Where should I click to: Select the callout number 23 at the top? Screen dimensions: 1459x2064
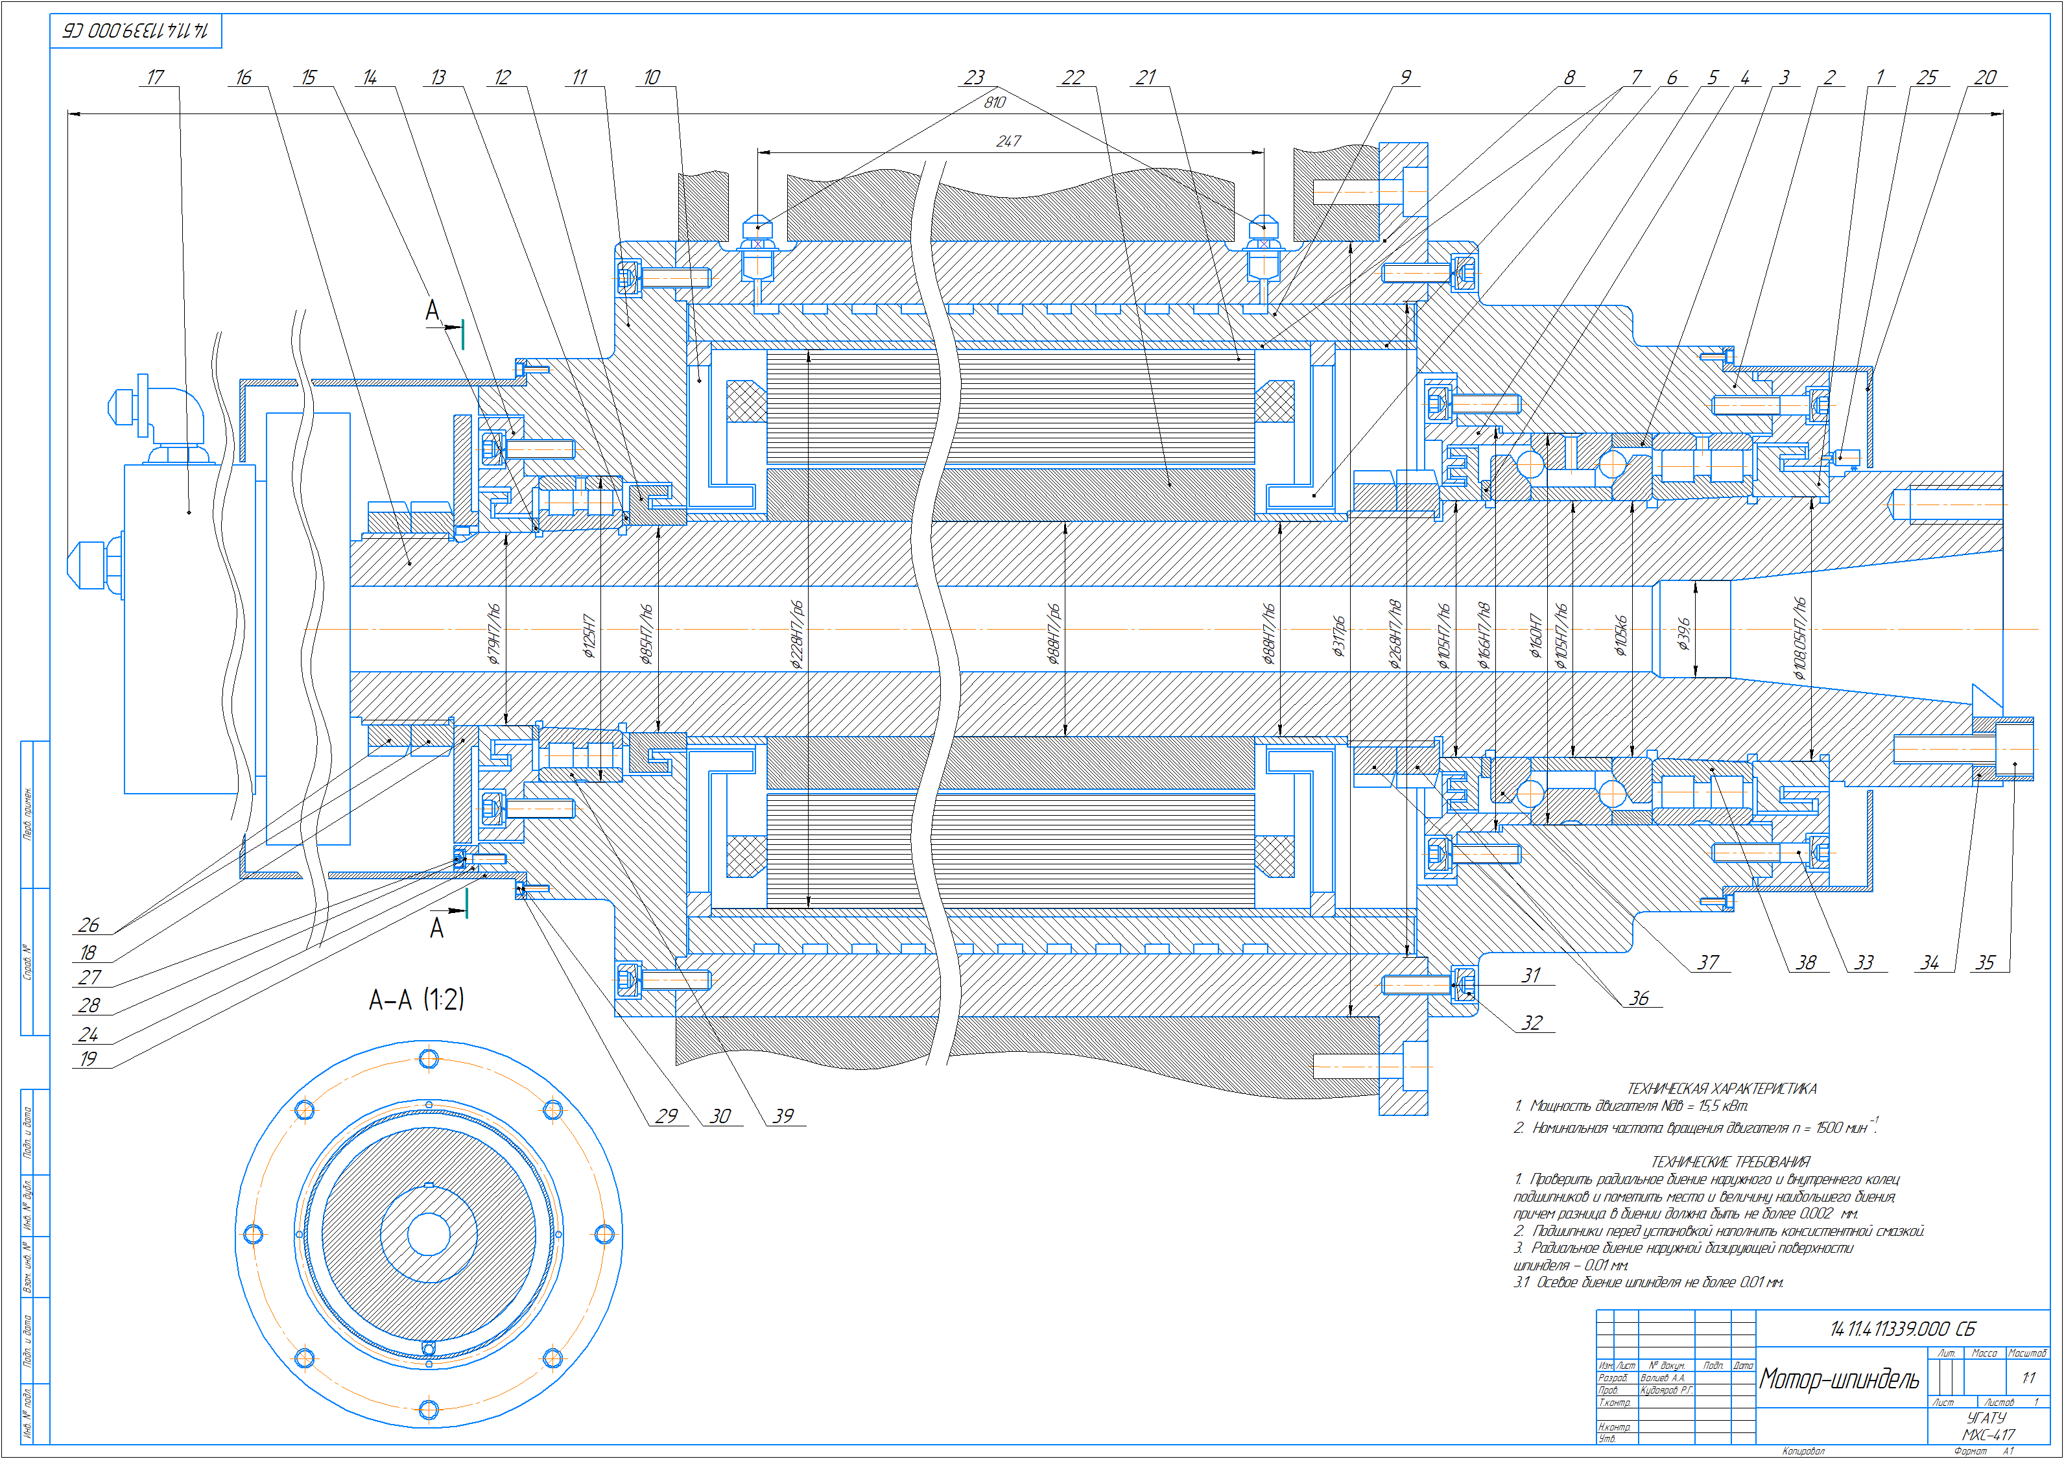[x=975, y=77]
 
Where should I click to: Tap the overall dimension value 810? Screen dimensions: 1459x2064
[x=994, y=102]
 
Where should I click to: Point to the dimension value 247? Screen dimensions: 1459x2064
[x=1008, y=141]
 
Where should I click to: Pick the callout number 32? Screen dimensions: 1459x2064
[x=1532, y=1023]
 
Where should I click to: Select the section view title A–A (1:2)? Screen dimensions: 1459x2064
[x=416, y=1000]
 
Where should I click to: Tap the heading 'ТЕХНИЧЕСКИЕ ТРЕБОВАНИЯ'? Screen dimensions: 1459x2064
[x=1731, y=1161]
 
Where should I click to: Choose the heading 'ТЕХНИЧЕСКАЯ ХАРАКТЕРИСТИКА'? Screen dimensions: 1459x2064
[x=1722, y=1089]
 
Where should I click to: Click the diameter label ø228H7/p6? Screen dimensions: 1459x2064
[x=796, y=635]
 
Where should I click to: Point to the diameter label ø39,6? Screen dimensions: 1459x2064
[x=1683, y=634]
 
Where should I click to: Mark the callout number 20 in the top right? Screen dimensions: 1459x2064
[x=1985, y=77]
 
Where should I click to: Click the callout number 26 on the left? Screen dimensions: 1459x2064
[x=88, y=925]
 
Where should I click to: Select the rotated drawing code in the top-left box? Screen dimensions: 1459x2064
[x=135, y=30]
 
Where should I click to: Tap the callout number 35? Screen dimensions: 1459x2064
[x=1985, y=963]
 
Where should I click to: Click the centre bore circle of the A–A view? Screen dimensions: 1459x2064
[x=429, y=1233]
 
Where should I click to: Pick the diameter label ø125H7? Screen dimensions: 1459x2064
[x=589, y=635]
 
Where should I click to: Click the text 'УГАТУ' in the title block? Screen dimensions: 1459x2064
[x=1986, y=1417]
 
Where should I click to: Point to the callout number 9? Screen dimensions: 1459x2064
[x=1405, y=77]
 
